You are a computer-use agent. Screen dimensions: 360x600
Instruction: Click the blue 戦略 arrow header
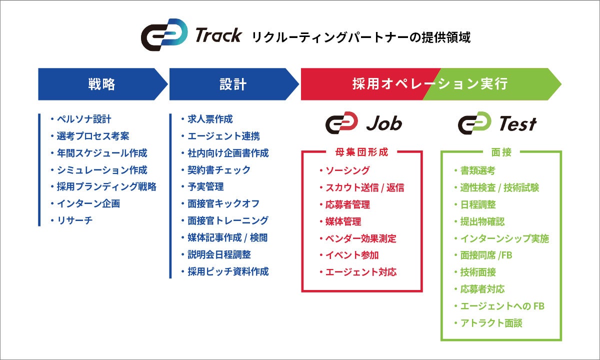[x=102, y=84]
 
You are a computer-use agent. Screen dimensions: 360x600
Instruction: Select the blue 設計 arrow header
[x=233, y=84]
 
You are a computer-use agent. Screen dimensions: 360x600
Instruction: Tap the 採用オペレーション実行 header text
[x=430, y=84]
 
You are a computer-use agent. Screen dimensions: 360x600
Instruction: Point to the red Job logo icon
[x=341, y=123]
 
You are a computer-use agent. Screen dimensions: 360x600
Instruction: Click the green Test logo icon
[x=474, y=123]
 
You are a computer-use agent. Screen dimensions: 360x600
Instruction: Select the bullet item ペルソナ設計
[x=84, y=119]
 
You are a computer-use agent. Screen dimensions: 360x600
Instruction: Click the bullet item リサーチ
[x=75, y=220]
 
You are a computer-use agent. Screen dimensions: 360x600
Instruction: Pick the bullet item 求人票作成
[x=210, y=119]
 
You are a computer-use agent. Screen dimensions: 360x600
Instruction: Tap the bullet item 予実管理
[x=205, y=186]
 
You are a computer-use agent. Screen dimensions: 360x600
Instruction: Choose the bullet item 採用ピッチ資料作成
[x=228, y=271]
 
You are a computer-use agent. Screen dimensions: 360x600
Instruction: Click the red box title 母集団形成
[x=362, y=152]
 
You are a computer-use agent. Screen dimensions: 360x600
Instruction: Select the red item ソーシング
[x=347, y=170]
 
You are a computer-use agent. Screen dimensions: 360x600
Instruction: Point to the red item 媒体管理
[x=343, y=221]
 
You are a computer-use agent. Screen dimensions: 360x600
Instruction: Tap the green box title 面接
[x=501, y=152]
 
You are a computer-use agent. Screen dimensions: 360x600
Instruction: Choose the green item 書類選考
[x=477, y=170]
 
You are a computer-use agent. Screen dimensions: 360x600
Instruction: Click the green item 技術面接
[x=477, y=272]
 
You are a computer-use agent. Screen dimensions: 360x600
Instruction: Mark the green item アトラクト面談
[x=491, y=323]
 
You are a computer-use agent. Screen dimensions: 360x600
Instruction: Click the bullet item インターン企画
[x=88, y=203]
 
